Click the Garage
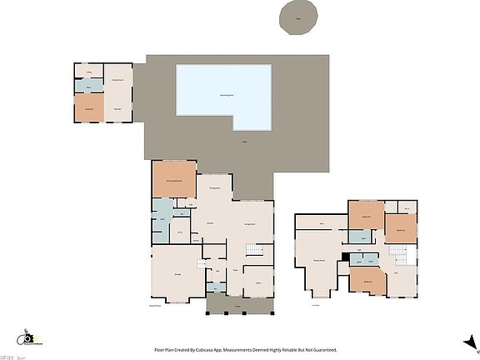click(177, 274)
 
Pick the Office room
click(257, 282)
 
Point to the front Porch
click(238, 304)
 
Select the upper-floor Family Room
click(319, 261)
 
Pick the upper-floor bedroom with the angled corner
click(367, 282)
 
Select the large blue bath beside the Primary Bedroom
click(162, 218)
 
